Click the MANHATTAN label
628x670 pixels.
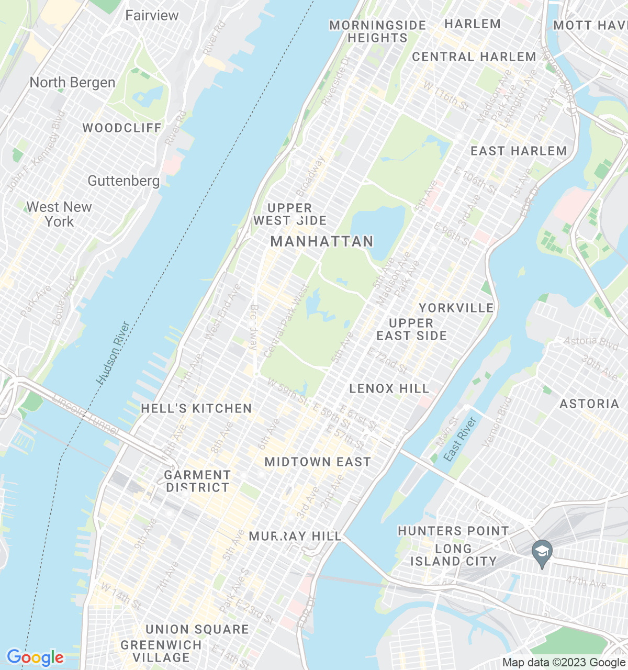click(x=322, y=241)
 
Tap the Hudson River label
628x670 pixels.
click(x=114, y=353)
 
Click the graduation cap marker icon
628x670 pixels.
click(x=542, y=552)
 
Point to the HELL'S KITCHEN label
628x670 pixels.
click(x=196, y=408)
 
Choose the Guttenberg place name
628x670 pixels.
click(x=124, y=181)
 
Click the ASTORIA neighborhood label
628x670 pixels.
click(x=589, y=404)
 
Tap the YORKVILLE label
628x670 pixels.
click(x=456, y=308)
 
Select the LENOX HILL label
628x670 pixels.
click(x=389, y=388)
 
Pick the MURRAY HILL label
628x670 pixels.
click(x=295, y=536)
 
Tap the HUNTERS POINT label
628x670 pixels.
click(x=453, y=531)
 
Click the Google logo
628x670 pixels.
click(x=35, y=657)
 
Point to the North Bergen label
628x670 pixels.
click(x=72, y=83)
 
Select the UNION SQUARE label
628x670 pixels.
click(x=197, y=629)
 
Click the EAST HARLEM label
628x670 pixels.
click(x=519, y=151)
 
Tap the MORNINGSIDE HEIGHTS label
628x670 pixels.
click(x=377, y=31)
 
